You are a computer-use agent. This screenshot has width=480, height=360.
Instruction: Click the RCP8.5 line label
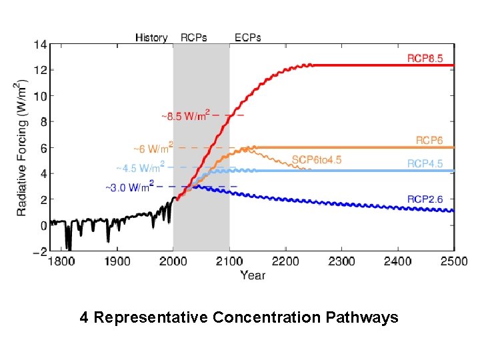coord(425,58)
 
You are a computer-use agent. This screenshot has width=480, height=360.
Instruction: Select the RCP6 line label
coord(429,140)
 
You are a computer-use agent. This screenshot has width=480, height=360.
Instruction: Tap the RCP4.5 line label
coord(425,163)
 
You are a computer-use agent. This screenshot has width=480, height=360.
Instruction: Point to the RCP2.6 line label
coord(425,199)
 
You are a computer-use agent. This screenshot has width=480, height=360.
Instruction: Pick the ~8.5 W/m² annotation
coord(185,115)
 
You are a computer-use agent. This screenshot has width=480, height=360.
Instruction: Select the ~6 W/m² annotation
coord(153,147)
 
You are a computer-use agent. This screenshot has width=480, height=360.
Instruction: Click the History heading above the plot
coord(151,37)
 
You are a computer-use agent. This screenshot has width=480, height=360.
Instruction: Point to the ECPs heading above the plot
coord(248,37)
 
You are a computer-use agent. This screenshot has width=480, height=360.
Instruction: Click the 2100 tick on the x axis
coord(229,261)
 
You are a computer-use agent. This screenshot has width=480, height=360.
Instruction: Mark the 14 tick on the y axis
coord(39,45)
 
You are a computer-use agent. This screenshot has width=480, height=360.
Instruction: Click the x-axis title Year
coord(253,275)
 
